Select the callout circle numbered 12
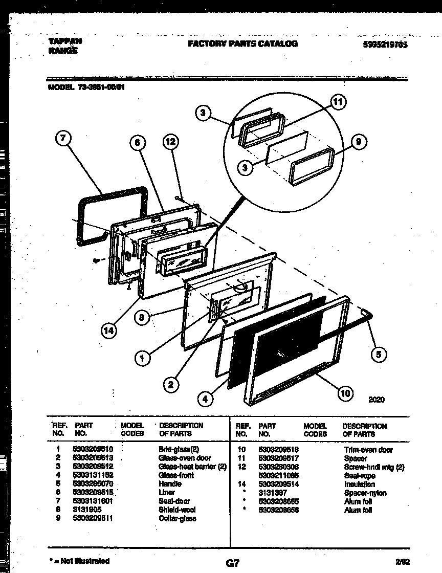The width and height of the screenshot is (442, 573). [171, 144]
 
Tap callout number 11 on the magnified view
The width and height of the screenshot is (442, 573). [337, 102]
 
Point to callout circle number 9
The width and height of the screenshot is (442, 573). [359, 143]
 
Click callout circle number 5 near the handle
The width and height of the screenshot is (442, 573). [379, 354]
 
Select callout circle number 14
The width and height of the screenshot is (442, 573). [109, 332]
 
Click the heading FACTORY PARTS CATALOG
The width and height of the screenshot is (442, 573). [242, 44]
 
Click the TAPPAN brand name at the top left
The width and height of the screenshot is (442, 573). [64, 40]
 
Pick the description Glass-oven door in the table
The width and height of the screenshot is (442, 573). [185, 458]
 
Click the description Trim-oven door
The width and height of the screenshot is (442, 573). [368, 450]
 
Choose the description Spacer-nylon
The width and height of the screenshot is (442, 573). [365, 493]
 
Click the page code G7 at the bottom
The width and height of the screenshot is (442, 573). [232, 563]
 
